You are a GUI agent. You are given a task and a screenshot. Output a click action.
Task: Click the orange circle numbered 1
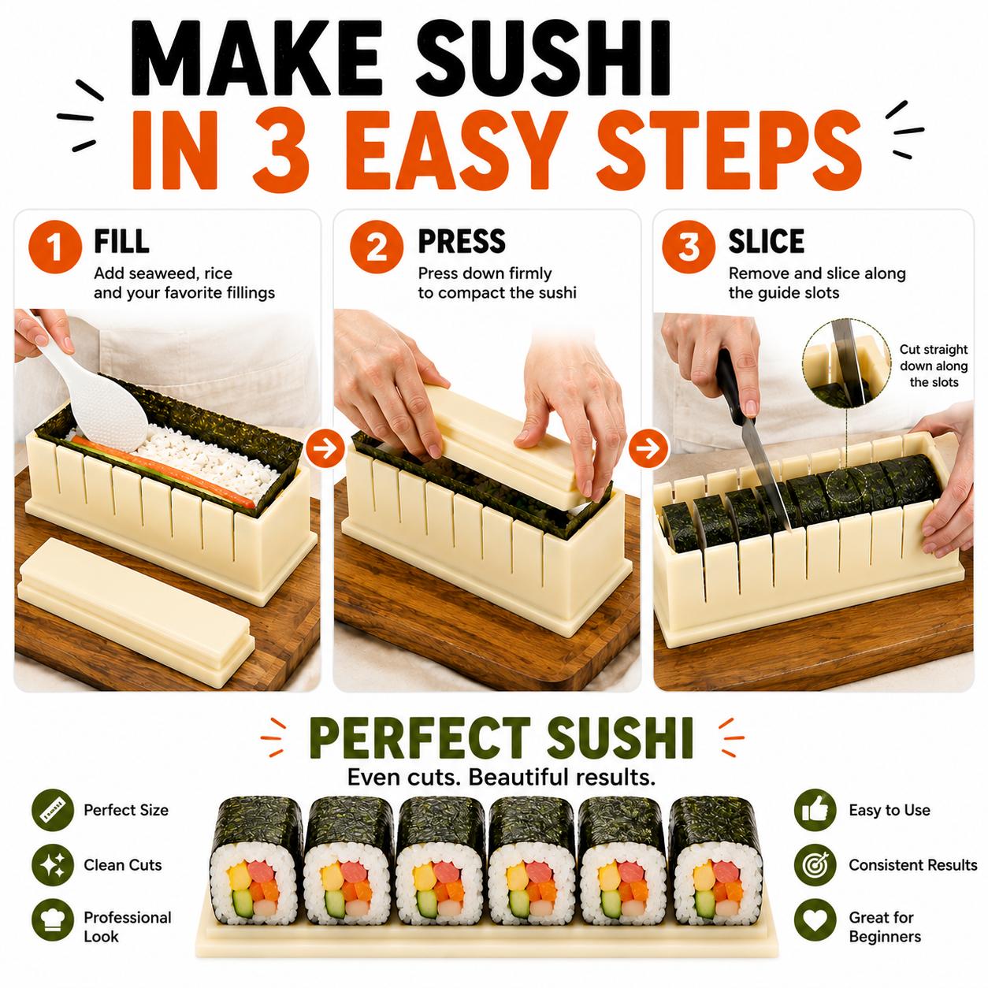[55, 247]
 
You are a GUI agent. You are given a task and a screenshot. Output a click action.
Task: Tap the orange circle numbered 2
[377, 247]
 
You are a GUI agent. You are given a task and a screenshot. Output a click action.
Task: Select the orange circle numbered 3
[688, 247]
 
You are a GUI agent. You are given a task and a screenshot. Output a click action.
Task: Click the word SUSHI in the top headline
[542, 58]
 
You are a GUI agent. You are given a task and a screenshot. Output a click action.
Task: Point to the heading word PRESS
[462, 242]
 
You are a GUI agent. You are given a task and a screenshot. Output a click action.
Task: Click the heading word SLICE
[766, 242]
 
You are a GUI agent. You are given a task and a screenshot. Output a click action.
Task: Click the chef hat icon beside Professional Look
[52, 919]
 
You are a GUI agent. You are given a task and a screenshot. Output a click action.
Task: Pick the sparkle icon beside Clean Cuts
[52, 865]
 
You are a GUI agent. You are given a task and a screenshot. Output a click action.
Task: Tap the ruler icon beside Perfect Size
[52, 810]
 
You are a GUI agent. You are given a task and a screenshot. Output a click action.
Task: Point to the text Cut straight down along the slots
[934, 366]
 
